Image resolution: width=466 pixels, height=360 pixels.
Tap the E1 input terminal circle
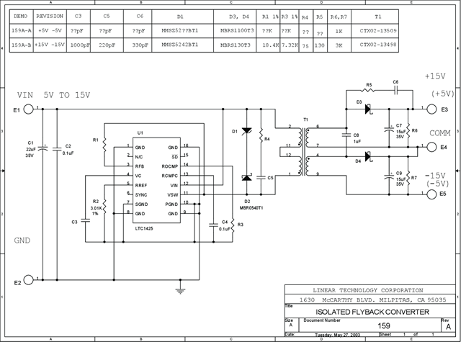29,109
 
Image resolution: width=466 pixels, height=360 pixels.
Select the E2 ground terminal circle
29,280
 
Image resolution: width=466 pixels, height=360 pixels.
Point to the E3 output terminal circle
431,109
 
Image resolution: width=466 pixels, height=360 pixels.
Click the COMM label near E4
441,134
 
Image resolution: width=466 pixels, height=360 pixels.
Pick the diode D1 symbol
246,131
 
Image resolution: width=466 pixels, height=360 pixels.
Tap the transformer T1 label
305,119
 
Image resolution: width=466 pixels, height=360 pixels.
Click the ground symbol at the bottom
178,290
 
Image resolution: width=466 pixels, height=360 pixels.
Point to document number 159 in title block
384,325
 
